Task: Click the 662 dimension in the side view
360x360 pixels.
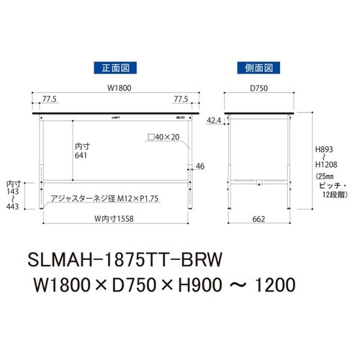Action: [258, 218]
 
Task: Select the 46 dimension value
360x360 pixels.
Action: [200, 166]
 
